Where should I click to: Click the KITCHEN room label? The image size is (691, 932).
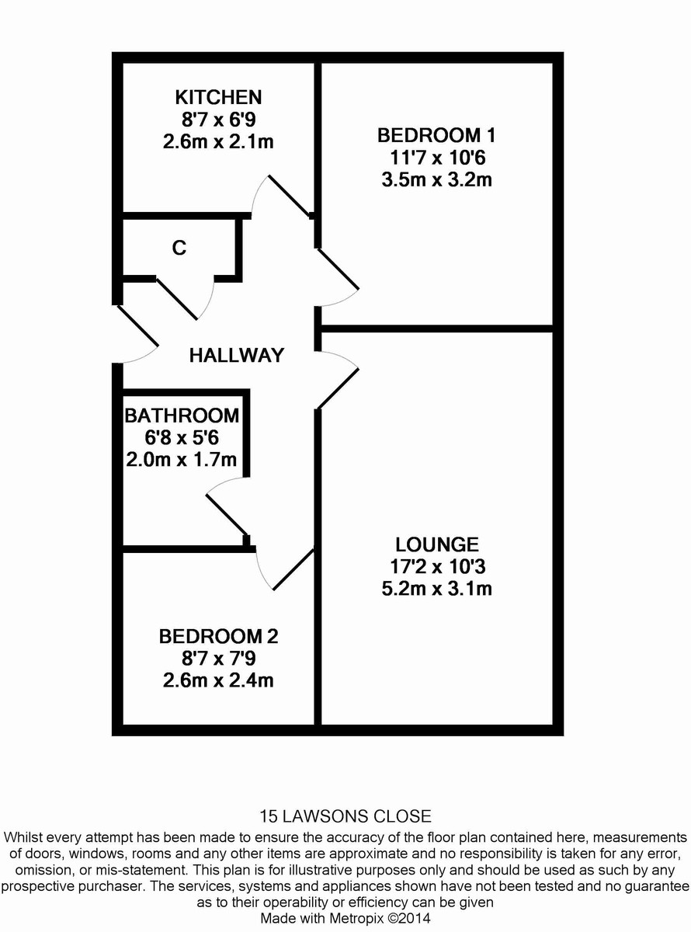click(218, 98)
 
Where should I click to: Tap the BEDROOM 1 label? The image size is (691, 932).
click(436, 135)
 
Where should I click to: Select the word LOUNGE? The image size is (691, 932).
click(436, 544)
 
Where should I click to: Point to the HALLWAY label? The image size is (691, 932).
click(237, 356)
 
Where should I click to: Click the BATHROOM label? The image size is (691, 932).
click(182, 415)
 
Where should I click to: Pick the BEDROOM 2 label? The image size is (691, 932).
click(218, 637)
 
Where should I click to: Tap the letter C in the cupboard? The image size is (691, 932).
click(179, 249)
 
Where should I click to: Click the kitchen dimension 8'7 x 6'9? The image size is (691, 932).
click(218, 120)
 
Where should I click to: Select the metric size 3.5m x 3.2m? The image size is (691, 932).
click(436, 180)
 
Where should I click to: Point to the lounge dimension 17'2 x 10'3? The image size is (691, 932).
click(436, 566)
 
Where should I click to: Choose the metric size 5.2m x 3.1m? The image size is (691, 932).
click(436, 589)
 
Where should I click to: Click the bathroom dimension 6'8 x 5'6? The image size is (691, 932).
click(182, 437)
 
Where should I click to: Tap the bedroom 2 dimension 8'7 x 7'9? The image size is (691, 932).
click(218, 659)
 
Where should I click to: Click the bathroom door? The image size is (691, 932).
click(226, 509)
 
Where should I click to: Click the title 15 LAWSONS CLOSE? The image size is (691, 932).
click(345, 816)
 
